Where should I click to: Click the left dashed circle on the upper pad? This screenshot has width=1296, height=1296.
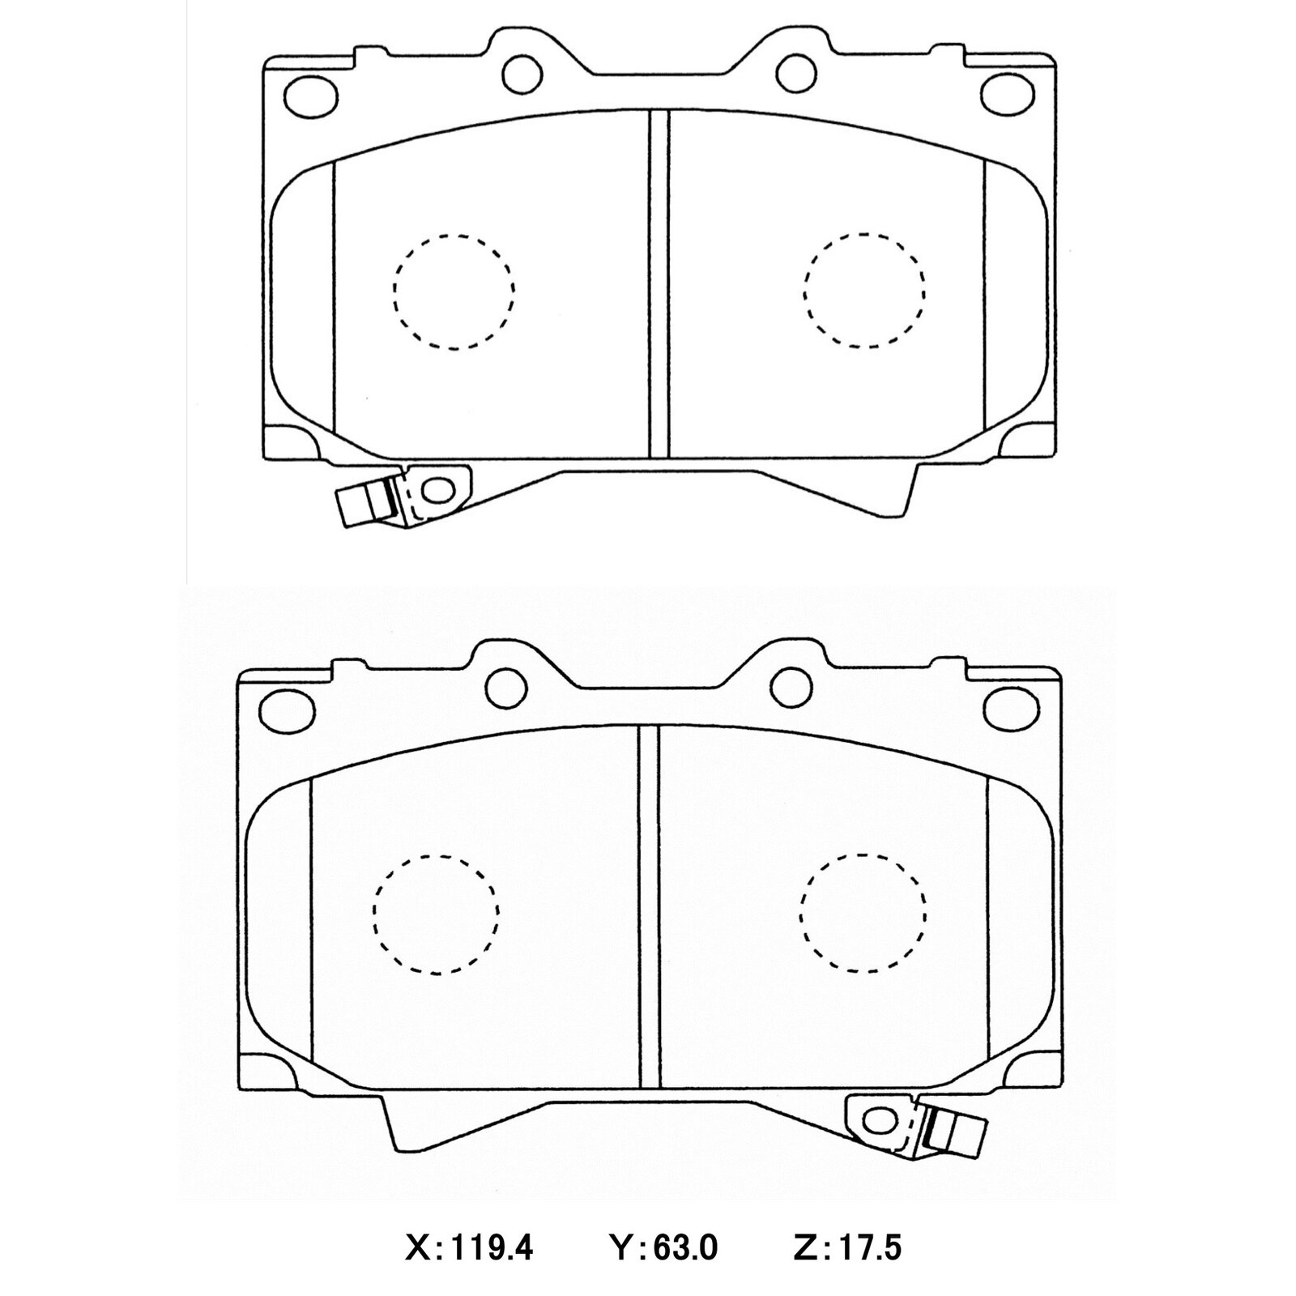(454, 292)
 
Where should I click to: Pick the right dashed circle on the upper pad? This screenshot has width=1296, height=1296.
(865, 292)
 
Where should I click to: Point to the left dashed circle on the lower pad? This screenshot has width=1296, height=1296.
(436, 913)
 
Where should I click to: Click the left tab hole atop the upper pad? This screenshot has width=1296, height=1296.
(522, 73)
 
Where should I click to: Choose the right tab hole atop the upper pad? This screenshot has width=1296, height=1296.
(795, 73)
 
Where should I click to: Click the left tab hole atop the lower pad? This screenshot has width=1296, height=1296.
(506, 687)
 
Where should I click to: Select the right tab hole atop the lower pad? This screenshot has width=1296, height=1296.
(791, 687)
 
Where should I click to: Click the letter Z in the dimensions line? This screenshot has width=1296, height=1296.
(804, 1248)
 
